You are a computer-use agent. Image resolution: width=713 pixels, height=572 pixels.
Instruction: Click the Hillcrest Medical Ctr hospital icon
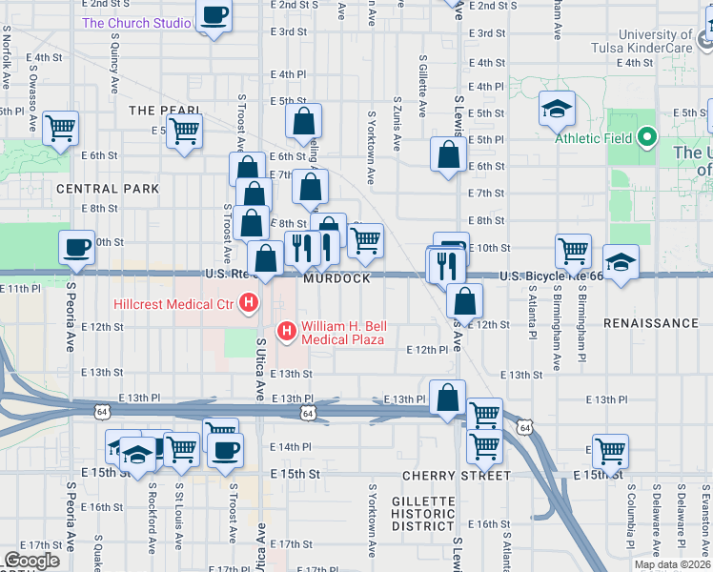point(250,305)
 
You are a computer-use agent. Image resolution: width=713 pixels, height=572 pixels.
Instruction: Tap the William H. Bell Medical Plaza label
point(342,332)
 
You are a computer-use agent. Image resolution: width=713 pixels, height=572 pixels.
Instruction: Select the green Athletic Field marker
point(647,137)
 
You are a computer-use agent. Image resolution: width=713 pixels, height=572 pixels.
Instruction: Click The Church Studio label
point(136,23)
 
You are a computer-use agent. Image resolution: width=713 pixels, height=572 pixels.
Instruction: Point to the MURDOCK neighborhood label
point(337,278)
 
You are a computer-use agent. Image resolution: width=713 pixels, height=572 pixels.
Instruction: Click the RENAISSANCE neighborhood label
point(651,323)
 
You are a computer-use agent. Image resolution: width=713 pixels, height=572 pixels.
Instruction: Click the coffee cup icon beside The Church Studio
point(214,17)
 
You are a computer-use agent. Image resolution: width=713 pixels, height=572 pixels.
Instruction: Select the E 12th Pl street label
point(427,350)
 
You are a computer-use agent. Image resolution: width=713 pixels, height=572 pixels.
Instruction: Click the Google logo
point(31,561)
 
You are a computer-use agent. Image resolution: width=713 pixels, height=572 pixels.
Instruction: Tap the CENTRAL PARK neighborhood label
point(108,189)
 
